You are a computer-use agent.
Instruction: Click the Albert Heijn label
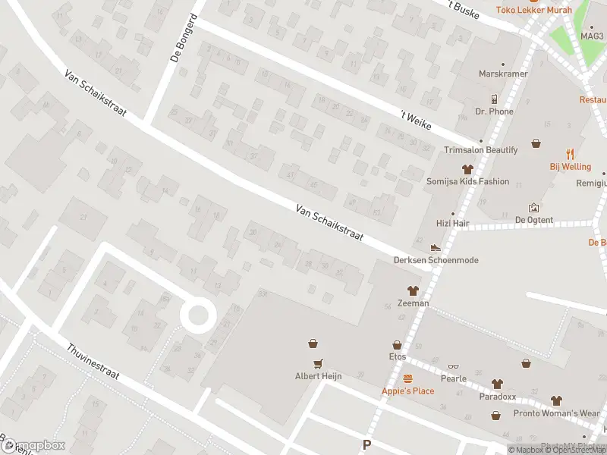[x=318, y=376]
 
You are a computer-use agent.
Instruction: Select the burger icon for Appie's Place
[x=407, y=378]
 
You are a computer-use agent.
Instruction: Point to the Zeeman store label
[x=413, y=303]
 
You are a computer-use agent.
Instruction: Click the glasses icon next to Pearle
[x=453, y=366]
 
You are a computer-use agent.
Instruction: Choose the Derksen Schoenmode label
[x=436, y=260]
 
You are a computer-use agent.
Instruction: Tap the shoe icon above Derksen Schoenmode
[x=436, y=247]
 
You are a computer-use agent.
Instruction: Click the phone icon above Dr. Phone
[x=494, y=99]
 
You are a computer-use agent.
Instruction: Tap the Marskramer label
[x=497, y=74]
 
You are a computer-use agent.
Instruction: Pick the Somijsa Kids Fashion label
[x=467, y=182]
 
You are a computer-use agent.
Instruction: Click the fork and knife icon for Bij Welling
[x=571, y=154]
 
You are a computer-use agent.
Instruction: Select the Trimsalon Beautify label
[x=480, y=150]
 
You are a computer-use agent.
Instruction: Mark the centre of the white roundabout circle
[x=198, y=314]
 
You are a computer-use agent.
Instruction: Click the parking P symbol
[x=367, y=445]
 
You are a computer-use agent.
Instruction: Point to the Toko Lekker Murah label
[x=533, y=10]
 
